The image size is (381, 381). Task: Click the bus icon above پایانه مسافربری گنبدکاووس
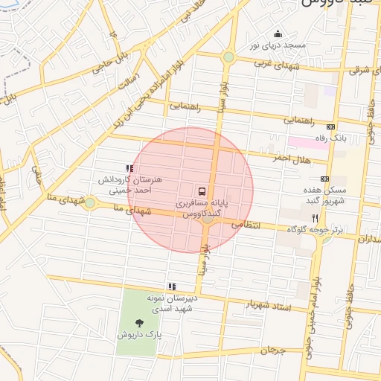pyautogui.click(x=203, y=190)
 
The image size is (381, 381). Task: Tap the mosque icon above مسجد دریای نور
pyautogui.click(x=278, y=33)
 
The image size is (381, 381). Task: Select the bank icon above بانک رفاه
pyautogui.click(x=330, y=127)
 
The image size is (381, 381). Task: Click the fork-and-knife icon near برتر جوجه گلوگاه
pyautogui.click(x=315, y=218)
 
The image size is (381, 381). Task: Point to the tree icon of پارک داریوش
pyautogui.click(x=140, y=323)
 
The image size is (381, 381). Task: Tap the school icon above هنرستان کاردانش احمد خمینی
pyautogui.click(x=130, y=169)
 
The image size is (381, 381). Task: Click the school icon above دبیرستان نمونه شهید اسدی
pyautogui.click(x=172, y=286)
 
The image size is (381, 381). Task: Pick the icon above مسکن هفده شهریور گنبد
pyautogui.click(x=324, y=179)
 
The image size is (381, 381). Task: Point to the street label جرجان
pyautogui.click(x=274, y=350)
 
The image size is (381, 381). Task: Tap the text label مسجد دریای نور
pyautogui.click(x=278, y=45)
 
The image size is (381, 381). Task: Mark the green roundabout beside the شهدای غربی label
pyautogui.click(x=228, y=57)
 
